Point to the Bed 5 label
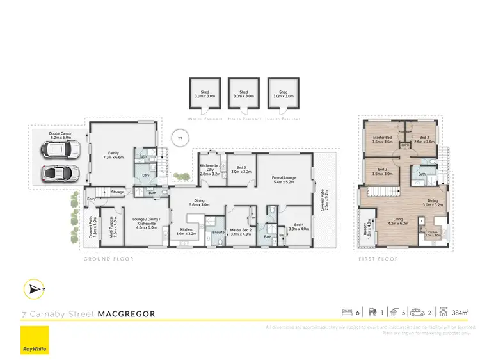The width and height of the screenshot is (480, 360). (x=241, y=170)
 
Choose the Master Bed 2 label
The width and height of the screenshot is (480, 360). (x=241, y=232)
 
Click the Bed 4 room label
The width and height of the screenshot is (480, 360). (x=299, y=227)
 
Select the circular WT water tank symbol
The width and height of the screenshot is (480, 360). (x=180, y=137)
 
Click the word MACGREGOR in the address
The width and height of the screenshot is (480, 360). (x=126, y=314)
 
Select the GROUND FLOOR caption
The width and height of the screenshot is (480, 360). (x=106, y=259)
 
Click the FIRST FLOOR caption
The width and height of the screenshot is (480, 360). (x=378, y=259)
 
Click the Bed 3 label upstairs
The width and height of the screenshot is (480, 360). (x=424, y=140)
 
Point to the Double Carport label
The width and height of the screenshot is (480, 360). (x=62, y=135)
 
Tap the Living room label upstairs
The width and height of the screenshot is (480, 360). (x=400, y=221)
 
